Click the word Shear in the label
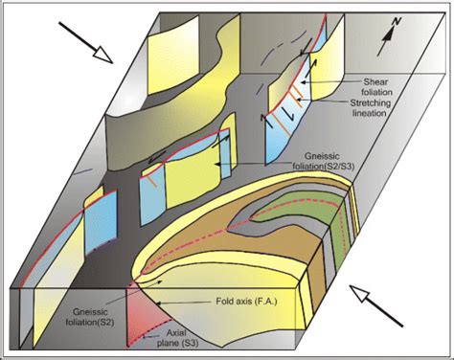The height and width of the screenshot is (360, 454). point(376,82)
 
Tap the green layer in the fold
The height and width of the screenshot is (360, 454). point(308,213)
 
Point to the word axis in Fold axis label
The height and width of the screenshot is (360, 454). point(238,302)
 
